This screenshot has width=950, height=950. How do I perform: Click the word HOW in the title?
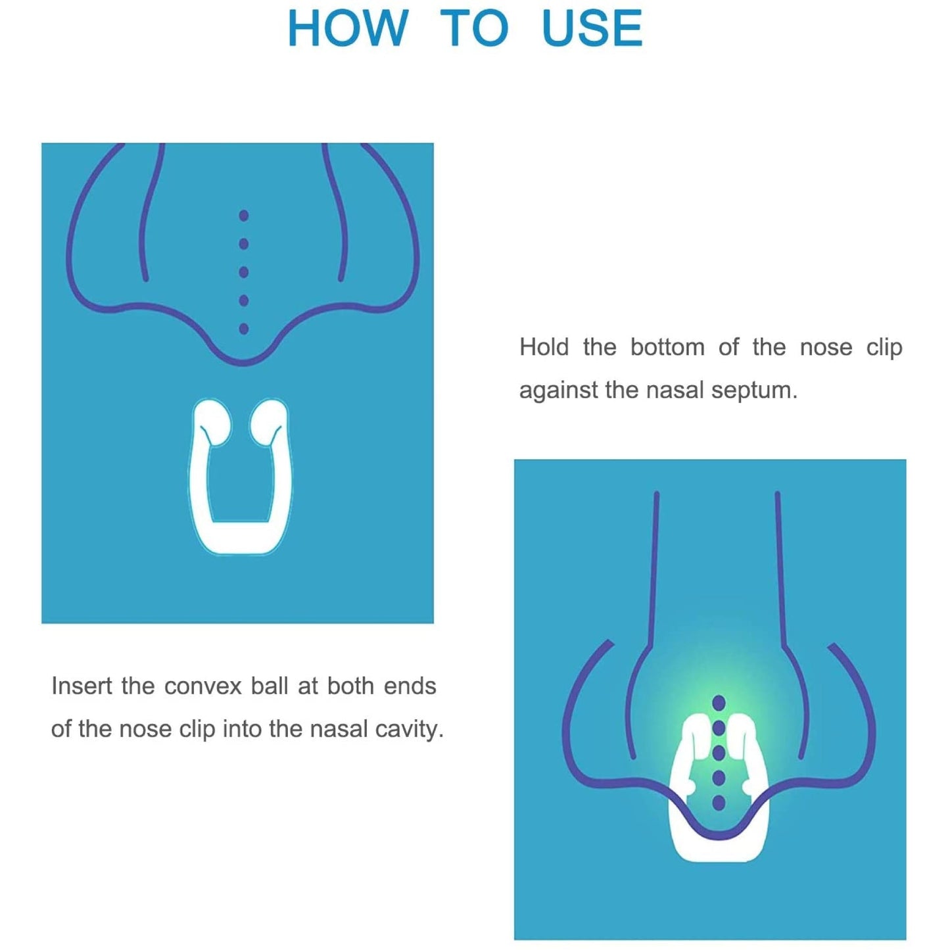pyautogui.click(x=348, y=29)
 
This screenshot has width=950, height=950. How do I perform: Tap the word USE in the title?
pyautogui.click(x=592, y=29)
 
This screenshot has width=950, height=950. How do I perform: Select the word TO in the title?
pyautogui.click(x=474, y=29)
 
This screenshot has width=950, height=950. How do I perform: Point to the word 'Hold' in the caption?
pyautogui.click(x=544, y=347)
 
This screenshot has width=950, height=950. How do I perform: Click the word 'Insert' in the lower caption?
pyautogui.click(x=82, y=686)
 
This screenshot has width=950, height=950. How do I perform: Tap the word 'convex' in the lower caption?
pyautogui.click(x=204, y=686)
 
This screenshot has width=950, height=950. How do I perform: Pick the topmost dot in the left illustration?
pyautogui.click(x=244, y=215)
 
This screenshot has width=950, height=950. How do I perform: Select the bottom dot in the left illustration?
pyautogui.click(x=244, y=329)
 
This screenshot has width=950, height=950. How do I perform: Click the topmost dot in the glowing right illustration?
pyautogui.click(x=719, y=703)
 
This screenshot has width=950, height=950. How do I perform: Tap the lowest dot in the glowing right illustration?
pyautogui.click(x=719, y=803)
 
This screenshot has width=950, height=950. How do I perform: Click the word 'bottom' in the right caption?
pyautogui.click(x=667, y=347)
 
